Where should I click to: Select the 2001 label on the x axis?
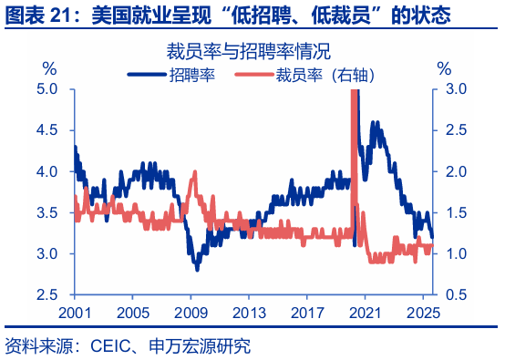[x=75, y=311]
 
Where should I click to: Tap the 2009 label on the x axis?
[x=190, y=311]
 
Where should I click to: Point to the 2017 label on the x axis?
[x=307, y=311]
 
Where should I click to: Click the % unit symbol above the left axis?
[x=49, y=68]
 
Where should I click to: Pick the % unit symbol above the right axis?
[x=444, y=68]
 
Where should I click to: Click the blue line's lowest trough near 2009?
[x=196, y=270]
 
